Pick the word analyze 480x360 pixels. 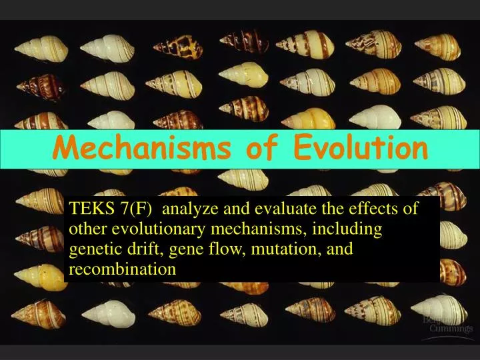pos(189,209)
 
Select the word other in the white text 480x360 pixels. pos(87,229)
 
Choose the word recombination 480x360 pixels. pos(122,269)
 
